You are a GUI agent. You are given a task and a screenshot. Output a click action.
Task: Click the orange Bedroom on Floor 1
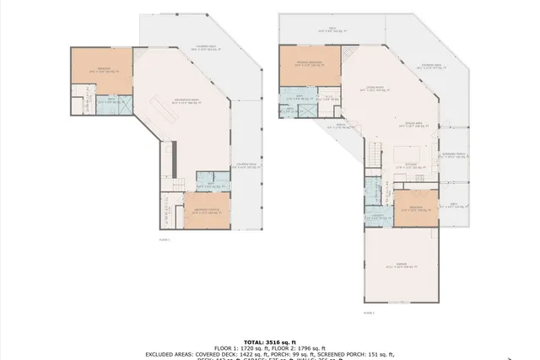101,72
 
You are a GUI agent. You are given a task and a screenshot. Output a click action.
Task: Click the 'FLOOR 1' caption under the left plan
164,240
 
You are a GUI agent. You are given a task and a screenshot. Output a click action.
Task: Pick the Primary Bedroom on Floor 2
310,65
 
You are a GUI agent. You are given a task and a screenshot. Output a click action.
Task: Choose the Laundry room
378,216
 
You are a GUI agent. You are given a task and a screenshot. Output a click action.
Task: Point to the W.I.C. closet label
330,98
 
